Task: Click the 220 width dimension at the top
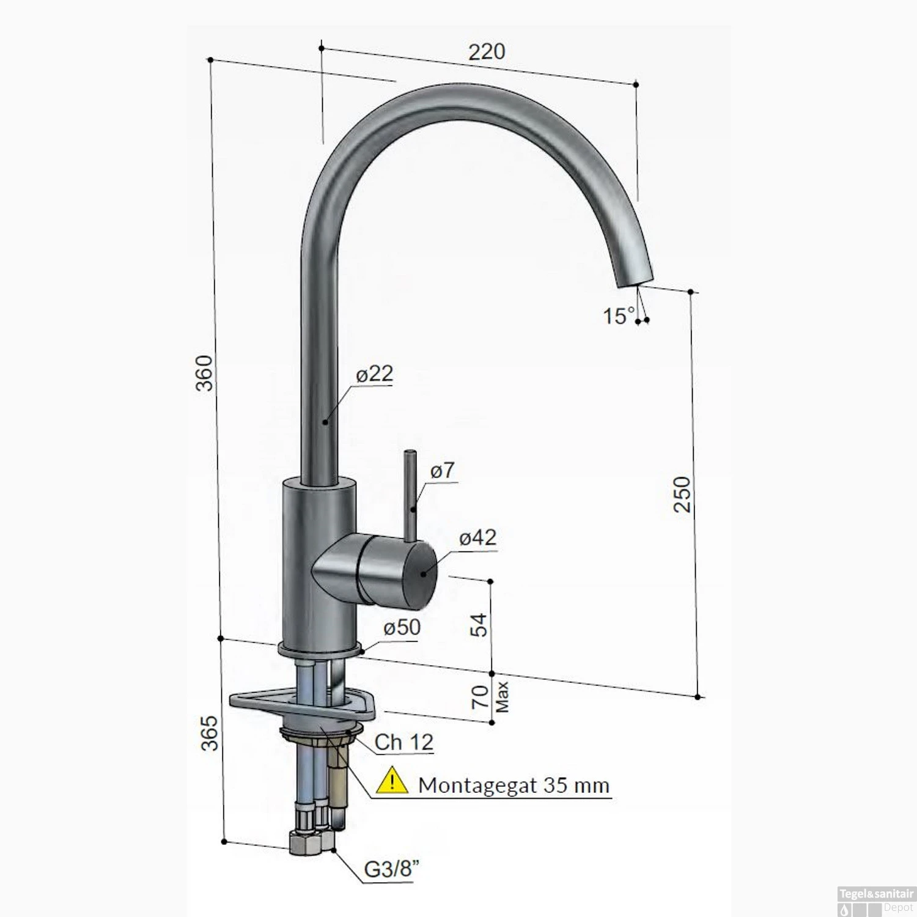pos(487,52)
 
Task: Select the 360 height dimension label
pos(204,372)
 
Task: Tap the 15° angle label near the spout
pos(619,316)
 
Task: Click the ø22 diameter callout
pos(374,374)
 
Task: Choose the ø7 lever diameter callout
pos(442,470)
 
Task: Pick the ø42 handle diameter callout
pos(477,537)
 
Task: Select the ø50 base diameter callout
pos(402,627)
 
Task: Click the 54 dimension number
pos(479,625)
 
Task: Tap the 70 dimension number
pos(480,697)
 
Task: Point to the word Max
pos(502,697)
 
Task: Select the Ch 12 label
pos(403,742)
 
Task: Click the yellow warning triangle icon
pos(392,782)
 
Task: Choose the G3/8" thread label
pos(392,869)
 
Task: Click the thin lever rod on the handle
pos(410,495)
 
